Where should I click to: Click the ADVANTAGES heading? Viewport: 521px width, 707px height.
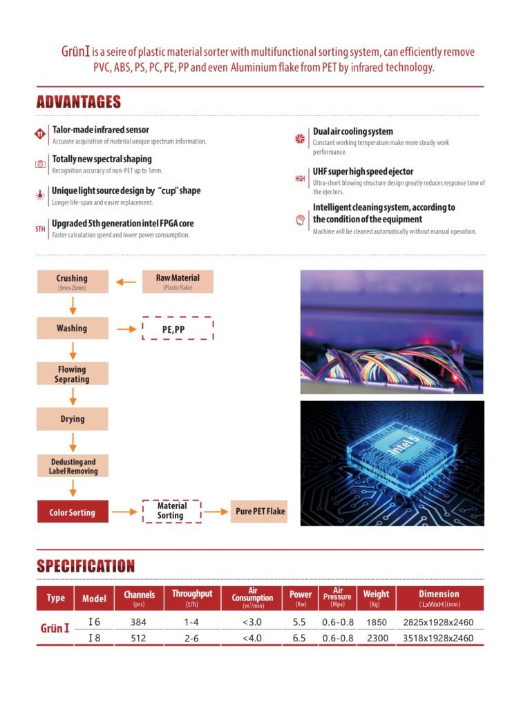click(x=78, y=102)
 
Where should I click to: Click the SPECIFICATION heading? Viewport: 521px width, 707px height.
click(x=86, y=566)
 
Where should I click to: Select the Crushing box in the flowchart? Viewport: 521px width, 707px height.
click(x=72, y=282)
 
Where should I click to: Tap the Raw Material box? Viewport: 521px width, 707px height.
click(x=178, y=281)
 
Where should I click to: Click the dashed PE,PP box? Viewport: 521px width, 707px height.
click(x=178, y=329)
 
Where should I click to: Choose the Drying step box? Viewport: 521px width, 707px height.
click(x=72, y=419)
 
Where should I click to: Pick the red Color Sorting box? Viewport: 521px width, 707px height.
click(x=72, y=512)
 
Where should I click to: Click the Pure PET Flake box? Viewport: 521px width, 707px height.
click(x=258, y=512)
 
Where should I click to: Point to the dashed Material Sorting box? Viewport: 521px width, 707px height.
click(x=171, y=511)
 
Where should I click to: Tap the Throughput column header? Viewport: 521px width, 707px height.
click(x=192, y=598)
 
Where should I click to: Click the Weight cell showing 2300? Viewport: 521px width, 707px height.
click(x=376, y=639)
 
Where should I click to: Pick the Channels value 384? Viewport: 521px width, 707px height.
click(x=138, y=622)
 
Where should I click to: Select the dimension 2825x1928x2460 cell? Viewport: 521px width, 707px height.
click(x=438, y=622)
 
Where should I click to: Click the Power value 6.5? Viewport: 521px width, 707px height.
click(x=300, y=639)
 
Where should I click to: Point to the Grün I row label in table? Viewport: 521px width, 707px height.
click(x=56, y=629)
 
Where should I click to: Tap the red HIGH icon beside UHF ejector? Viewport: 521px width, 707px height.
click(x=300, y=179)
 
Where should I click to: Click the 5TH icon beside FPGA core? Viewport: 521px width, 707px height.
click(x=40, y=228)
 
